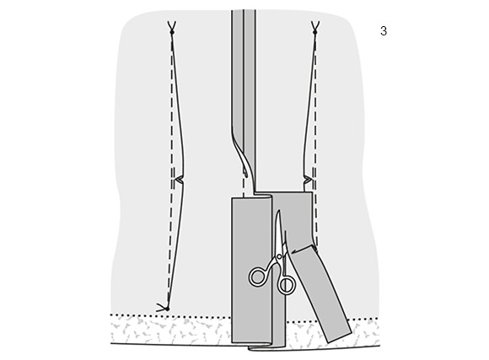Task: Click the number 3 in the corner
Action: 384,31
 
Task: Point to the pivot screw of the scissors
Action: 279,257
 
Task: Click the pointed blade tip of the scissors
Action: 278,211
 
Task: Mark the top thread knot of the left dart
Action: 171,32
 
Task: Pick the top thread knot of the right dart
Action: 315,32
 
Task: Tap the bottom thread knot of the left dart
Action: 167,309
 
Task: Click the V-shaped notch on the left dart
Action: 180,179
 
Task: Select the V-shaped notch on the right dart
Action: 308,180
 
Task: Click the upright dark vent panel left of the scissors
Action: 251,270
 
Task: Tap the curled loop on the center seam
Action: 246,173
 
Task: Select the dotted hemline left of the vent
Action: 171,314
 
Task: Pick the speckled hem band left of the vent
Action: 171,330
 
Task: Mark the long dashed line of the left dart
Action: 170,175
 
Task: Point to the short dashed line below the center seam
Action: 244,188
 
